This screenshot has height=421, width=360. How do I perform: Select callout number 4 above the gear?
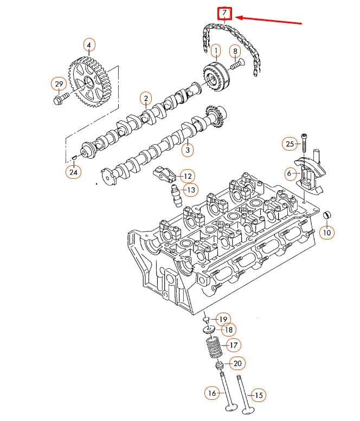pyautogui.click(x=89, y=44)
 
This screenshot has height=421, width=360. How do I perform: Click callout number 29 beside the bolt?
pyautogui.click(x=58, y=84)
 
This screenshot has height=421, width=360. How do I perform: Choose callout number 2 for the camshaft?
pyautogui.click(x=145, y=98)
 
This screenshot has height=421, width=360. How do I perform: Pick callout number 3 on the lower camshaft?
pyautogui.click(x=187, y=150)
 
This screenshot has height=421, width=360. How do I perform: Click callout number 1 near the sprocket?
pyautogui.click(x=216, y=51)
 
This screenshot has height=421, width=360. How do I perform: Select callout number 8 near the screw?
pyautogui.click(x=235, y=51)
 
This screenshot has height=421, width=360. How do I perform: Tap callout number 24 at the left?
pyautogui.click(x=72, y=172)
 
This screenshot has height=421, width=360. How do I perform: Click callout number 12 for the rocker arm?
pyautogui.click(x=187, y=176)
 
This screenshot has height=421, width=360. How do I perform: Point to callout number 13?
pyautogui.click(x=190, y=190)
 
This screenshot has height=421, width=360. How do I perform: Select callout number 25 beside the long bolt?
pyautogui.click(x=290, y=144)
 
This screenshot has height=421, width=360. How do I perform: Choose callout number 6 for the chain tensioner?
pyautogui.click(x=290, y=173)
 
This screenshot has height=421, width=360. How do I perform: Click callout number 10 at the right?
pyautogui.click(x=326, y=232)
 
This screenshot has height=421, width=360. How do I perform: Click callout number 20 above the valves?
pyautogui.click(x=237, y=363)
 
